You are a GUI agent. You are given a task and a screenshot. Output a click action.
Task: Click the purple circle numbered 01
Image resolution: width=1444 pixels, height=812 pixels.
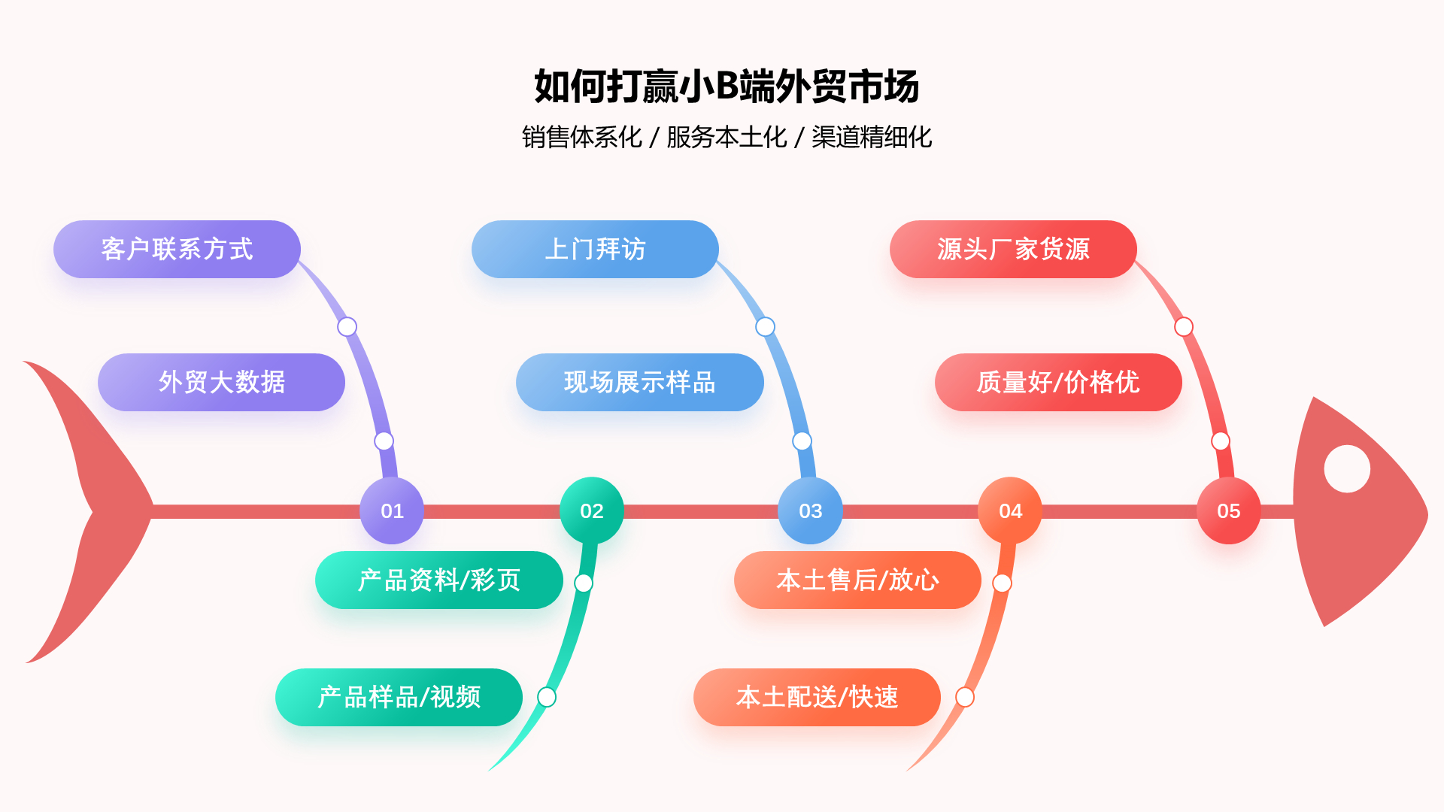(392, 511)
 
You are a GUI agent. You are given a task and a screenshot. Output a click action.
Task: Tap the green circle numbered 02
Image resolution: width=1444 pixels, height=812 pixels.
(592, 511)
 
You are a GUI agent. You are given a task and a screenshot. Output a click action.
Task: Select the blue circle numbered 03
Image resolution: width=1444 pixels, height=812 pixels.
(810, 511)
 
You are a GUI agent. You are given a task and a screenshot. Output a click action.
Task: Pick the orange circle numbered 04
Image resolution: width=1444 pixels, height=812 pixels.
(1010, 511)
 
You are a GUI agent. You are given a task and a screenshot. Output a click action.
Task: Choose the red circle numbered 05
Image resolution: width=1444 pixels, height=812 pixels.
(1228, 511)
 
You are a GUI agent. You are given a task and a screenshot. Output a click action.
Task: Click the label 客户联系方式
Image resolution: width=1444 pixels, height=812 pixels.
(177, 249)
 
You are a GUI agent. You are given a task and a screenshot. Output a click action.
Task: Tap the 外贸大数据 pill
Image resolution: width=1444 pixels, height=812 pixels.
(221, 382)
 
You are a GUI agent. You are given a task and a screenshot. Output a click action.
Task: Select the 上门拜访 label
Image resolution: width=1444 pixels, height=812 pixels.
(595, 249)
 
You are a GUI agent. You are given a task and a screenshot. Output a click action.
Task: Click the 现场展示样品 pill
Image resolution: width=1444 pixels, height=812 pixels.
(639, 382)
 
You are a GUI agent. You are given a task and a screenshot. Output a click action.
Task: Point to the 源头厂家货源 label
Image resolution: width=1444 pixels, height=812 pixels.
(1013, 249)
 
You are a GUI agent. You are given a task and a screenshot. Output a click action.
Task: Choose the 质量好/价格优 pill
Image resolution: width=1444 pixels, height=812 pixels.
(1057, 382)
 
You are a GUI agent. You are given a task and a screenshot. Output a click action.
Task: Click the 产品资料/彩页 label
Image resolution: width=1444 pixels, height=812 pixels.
(438, 580)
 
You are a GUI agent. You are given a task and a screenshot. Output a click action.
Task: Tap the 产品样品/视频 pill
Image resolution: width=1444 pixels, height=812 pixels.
(399, 697)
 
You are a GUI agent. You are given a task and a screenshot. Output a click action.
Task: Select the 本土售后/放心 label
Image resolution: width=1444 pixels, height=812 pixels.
(857, 580)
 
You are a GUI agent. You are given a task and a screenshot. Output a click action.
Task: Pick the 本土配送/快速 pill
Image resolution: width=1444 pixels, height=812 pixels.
(817, 697)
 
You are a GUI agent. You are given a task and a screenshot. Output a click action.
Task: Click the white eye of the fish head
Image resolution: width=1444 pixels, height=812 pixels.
(1346, 468)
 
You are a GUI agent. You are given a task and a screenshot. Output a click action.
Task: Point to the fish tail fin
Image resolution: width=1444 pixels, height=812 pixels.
(90, 511)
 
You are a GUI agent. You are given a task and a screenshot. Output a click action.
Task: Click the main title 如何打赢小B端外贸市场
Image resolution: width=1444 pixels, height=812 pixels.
(727, 86)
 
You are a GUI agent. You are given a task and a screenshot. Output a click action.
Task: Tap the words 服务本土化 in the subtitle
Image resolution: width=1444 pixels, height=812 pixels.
(727, 137)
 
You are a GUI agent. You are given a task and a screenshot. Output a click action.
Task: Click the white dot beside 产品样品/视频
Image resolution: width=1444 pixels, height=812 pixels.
(547, 697)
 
